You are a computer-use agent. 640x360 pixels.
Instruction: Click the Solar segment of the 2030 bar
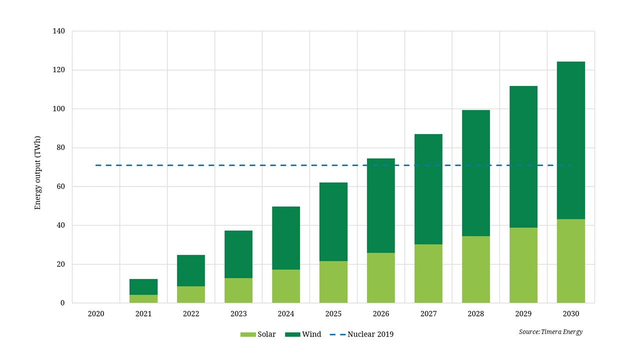tap(571, 261)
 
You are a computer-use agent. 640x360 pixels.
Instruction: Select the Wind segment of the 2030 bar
tap(571, 140)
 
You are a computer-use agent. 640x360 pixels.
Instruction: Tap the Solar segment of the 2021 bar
tap(143, 298)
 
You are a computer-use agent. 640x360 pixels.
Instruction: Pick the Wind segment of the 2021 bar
tap(143, 287)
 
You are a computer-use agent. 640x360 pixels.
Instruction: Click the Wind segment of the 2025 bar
tap(333, 221)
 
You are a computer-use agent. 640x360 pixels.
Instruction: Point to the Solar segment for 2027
tap(428, 273)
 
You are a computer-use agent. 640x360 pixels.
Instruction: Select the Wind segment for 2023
tap(238, 254)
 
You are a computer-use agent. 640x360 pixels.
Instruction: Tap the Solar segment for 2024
tap(286, 286)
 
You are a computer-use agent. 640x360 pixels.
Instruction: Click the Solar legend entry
tap(258, 334)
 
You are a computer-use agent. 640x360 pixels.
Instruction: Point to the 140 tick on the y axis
tap(58, 31)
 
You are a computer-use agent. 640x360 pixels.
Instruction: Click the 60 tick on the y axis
tap(60, 186)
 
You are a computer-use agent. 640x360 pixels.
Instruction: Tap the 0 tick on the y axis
tap(62, 303)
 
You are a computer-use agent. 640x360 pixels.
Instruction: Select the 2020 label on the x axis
tap(96, 314)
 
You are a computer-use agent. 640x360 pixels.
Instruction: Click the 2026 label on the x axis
tap(381, 314)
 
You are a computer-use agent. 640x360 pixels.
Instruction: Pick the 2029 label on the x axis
tap(523, 314)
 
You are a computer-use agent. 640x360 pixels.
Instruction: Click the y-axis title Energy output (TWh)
tap(37, 173)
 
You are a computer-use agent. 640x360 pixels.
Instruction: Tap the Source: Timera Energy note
tap(550, 331)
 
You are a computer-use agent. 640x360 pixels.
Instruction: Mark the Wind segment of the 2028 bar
tap(476, 173)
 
